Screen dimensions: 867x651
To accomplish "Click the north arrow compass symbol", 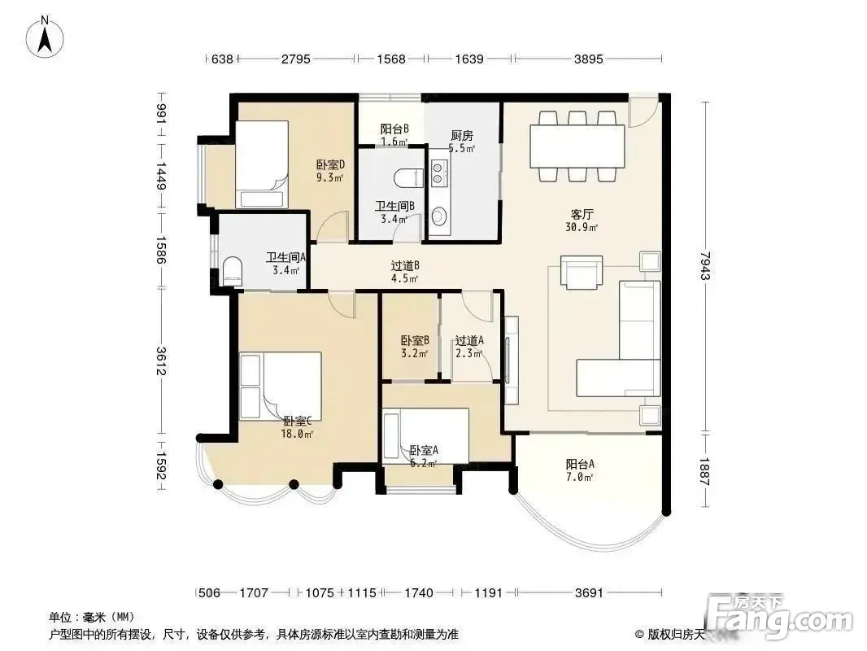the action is point(45,37).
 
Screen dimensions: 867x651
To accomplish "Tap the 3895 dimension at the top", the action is point(588,59).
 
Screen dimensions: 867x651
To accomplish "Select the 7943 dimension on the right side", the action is point(704,265).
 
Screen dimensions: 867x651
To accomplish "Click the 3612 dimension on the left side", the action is point(160,360).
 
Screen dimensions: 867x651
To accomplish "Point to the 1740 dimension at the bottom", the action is point(419,593).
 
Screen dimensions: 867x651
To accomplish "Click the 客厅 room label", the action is point(582,214).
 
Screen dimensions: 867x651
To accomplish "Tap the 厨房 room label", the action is point(462,136).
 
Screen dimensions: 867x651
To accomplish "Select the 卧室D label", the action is point(331,164).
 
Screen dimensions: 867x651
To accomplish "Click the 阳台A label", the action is point(579,465).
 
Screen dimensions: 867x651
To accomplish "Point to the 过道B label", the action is point(405,265).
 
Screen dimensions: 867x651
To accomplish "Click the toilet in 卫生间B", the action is point(409,178).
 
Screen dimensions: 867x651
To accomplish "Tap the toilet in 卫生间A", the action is point(233,272).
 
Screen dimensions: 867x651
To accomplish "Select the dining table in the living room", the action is point(577,146).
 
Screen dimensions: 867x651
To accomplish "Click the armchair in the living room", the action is point(582,272).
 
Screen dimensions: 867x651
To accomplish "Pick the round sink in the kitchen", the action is point(439,216).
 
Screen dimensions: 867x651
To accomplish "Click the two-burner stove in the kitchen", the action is point(439,172).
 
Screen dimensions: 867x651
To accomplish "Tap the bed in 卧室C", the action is point(281,386).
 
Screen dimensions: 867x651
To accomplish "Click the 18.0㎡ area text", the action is point(297,435).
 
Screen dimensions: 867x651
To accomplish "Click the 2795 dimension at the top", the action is point(296,59).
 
